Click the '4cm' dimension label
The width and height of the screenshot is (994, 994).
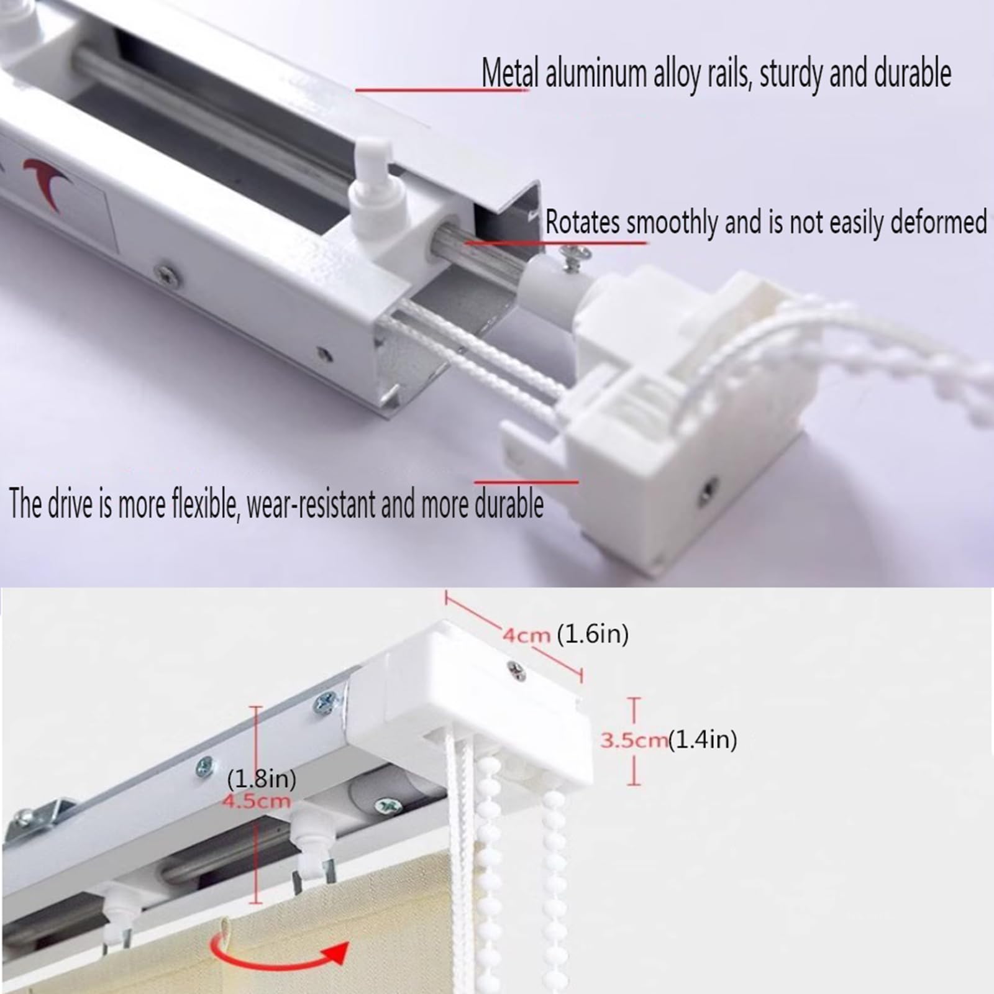coord(526,635)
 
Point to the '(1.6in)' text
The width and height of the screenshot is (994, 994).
coord(592,634)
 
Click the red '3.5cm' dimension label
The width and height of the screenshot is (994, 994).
coord(633,740)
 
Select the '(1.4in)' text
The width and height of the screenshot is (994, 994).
coord(703,740)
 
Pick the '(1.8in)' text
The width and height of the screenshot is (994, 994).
coord(261,779)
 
